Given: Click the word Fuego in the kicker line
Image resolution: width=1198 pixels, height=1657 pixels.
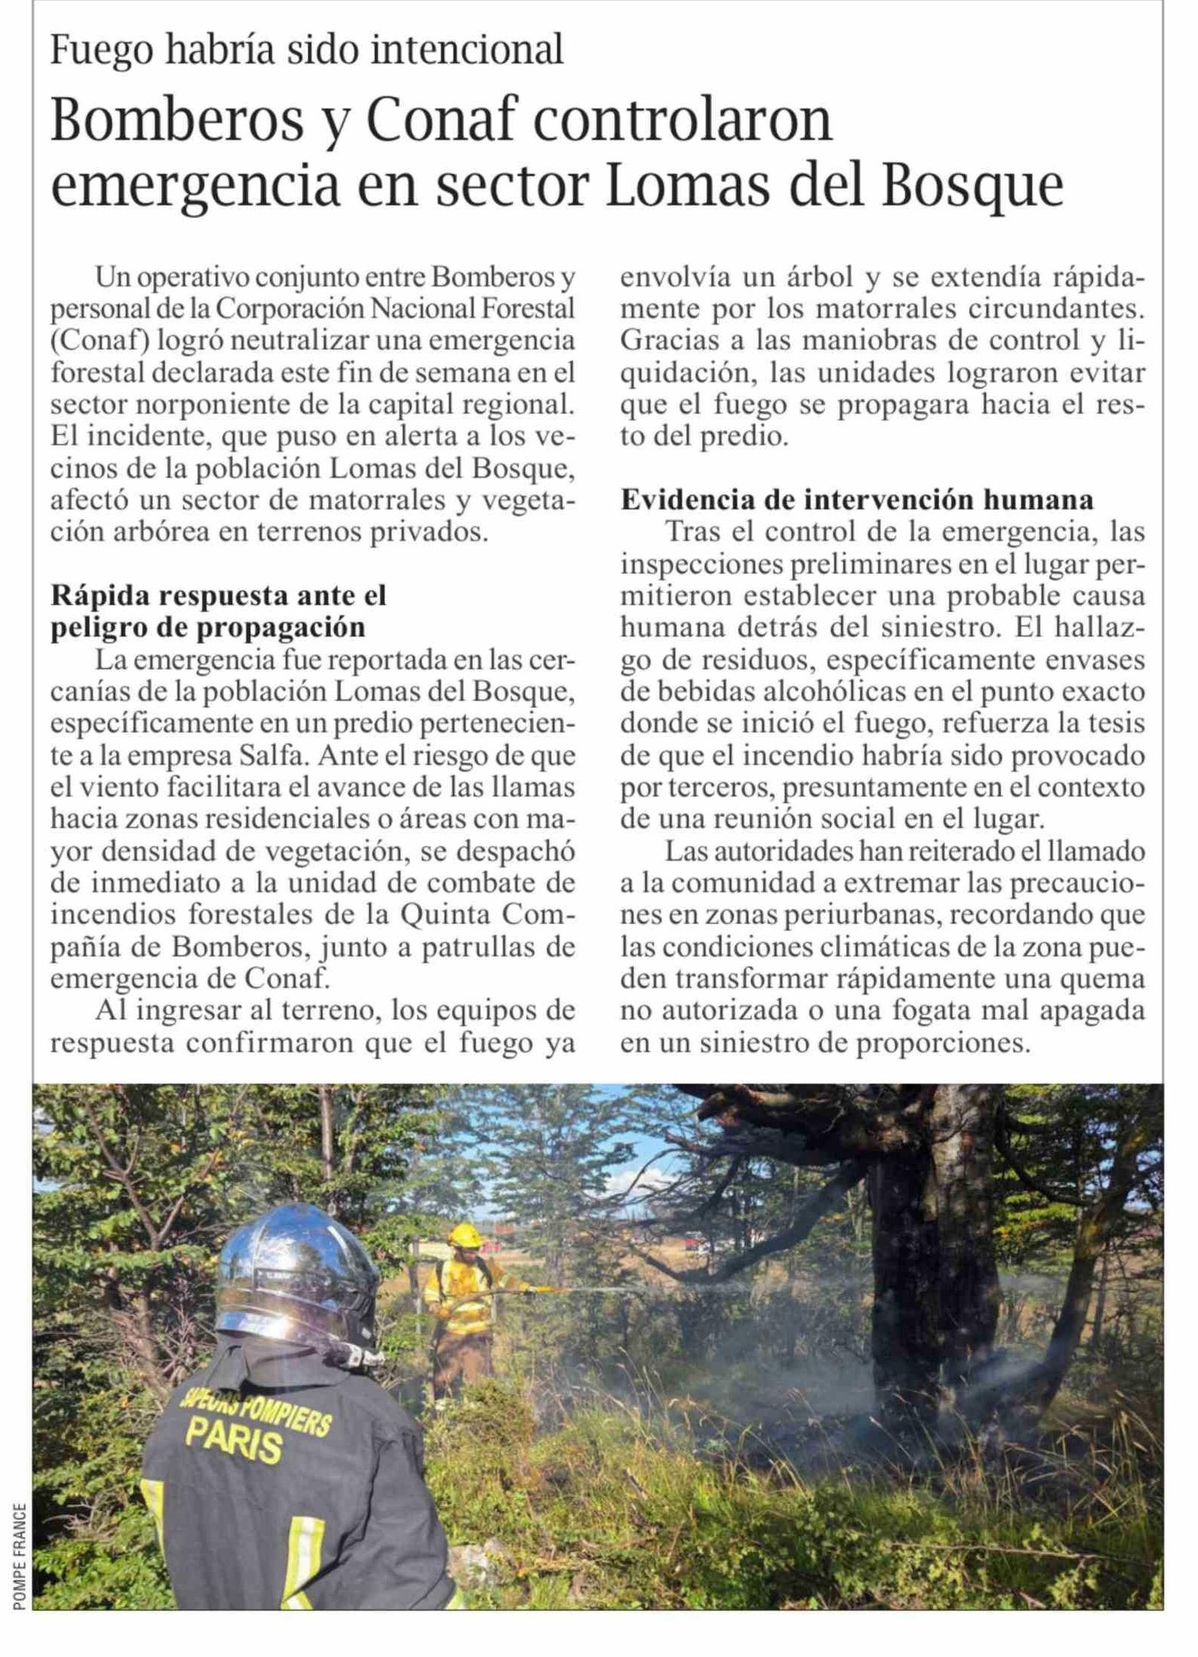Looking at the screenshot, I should [102, 50].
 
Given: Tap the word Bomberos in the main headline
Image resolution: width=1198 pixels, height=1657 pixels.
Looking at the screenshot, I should [177, 120].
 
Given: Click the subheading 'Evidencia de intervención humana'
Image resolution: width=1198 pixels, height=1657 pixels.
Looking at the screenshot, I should [856, 500].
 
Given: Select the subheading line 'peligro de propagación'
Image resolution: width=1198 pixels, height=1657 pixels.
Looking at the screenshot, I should [208, 627].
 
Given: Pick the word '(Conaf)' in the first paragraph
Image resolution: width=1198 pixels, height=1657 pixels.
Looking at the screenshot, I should [101, 341].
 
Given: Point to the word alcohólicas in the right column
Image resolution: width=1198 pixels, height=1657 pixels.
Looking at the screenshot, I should [774, 691].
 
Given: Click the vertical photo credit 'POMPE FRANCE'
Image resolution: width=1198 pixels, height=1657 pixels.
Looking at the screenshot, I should [20, 1565].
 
